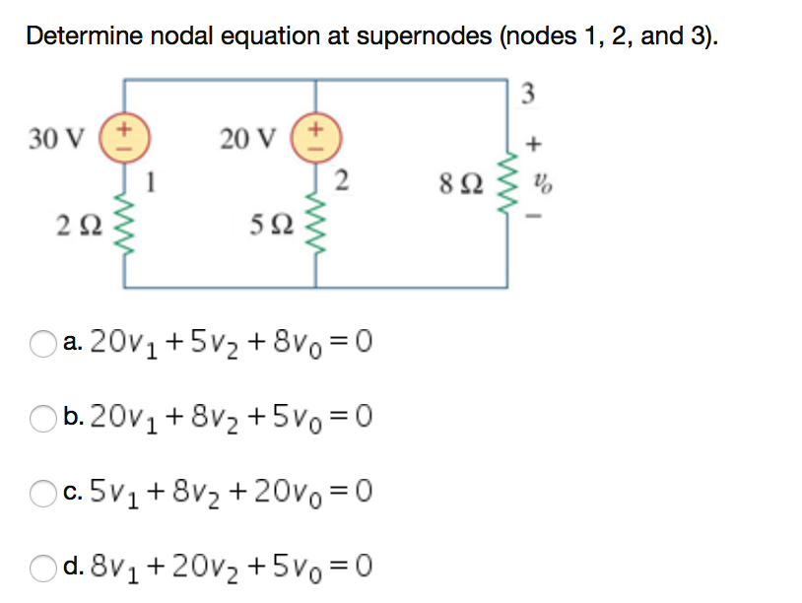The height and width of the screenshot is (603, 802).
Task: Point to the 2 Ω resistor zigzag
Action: (x=126, y=232)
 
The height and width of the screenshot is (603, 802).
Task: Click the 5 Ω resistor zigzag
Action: (x=316, y=232)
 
